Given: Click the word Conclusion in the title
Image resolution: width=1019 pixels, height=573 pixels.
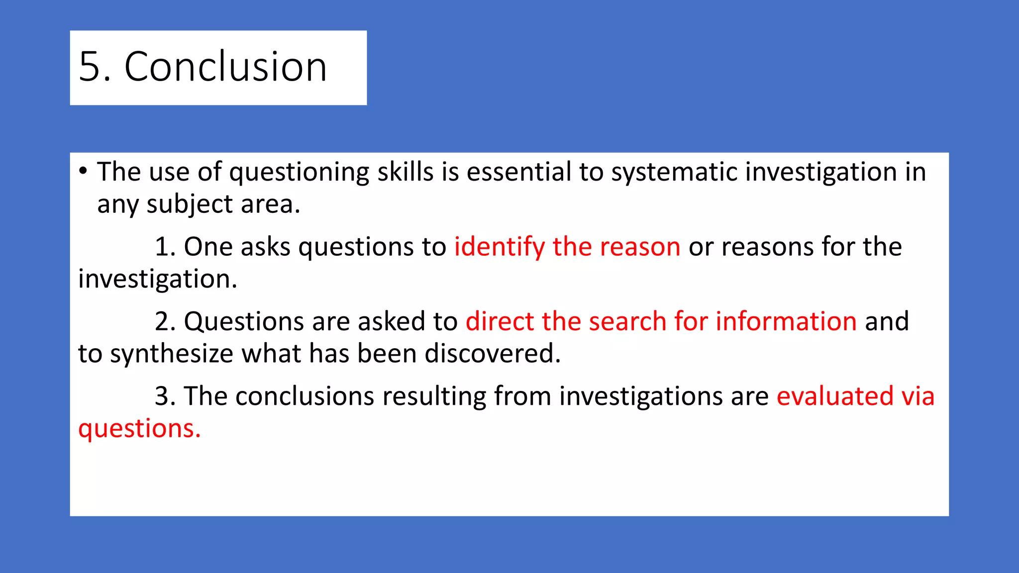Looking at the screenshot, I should click(225, 67).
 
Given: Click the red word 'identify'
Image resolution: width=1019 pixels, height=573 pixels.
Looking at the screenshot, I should click(500, 247).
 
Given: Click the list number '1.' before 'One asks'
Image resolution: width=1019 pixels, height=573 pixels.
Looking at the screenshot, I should click(165, 247).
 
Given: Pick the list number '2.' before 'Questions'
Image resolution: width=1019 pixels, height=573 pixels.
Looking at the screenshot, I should click(165, 322).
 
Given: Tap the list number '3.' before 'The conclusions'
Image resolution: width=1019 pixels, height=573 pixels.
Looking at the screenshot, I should click(165, 396).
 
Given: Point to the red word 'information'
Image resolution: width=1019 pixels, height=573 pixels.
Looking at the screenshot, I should click(786, 322).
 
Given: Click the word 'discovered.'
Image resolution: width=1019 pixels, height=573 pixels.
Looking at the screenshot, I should click(493, 354).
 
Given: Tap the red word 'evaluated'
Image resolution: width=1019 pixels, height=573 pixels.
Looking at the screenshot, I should click(835, 396).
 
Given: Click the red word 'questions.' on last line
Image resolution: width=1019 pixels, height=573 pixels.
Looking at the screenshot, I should click(139, 429).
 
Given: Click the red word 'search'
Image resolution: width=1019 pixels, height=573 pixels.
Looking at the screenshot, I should click(627, 322).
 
